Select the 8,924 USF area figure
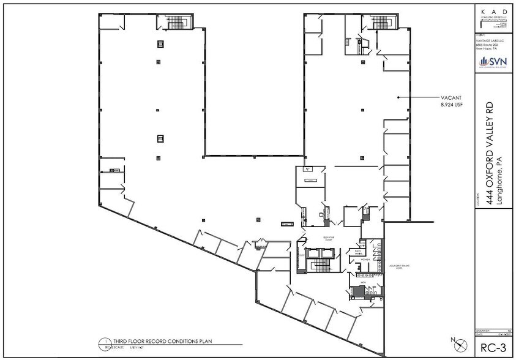coord(449,105)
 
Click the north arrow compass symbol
coord(454,340)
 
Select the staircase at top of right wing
coord(384,23)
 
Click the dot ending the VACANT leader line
coord(399,97)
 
